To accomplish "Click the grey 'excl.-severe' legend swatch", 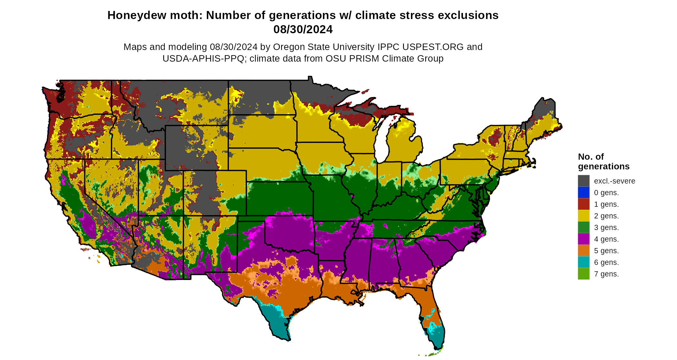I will (x=584, y=181).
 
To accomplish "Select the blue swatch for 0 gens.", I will (x=584, y=193).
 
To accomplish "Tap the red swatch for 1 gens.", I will (x=584, y=204).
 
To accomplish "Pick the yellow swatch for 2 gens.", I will (x=584, y=216).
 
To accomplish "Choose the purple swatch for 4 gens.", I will (x=584, y=239).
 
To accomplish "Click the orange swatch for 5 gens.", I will (x=584, y=251).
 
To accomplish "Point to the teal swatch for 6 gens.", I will (x=584, y=262).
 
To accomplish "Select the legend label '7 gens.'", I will (x=606, y=274).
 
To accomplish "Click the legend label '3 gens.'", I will (x=606, y=227).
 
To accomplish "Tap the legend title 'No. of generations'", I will (x=603, y=162).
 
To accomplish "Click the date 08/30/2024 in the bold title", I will (x=303, y=29).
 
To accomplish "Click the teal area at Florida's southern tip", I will (x=437, y=337).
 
